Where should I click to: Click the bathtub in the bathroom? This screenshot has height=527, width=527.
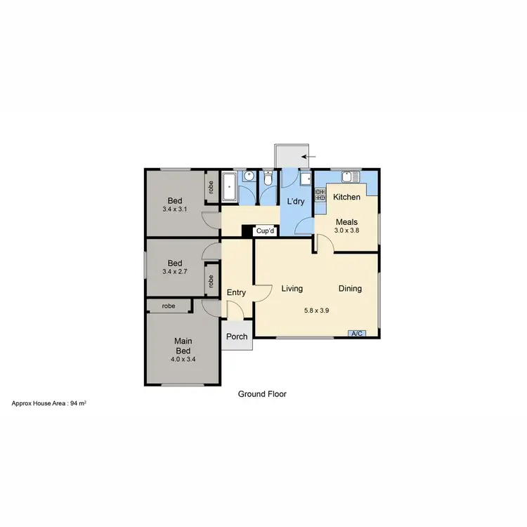click(230, 188)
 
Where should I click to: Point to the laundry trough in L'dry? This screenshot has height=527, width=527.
click(306, 179)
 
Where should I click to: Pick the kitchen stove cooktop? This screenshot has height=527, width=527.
click(320, 196)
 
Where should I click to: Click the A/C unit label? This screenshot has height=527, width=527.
click(356, 333)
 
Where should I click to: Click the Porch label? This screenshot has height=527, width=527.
click(237, 337)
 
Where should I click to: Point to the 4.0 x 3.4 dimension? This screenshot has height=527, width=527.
click(183, 359)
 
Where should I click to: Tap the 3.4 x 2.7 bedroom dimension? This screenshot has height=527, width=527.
click(175, 272)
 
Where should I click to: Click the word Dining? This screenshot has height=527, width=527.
click(350, 288)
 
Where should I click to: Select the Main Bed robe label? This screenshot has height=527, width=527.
click(169, 306)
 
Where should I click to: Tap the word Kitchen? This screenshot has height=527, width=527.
click(346, 197)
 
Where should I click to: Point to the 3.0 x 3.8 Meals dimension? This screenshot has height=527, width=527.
click(346, 230)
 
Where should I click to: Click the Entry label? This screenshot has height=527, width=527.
click(236, 292)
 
